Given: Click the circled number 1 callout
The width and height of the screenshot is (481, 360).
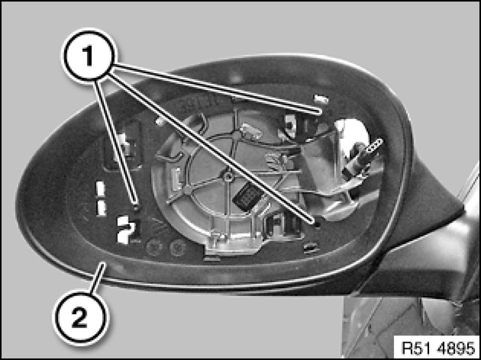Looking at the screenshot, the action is tap(89, 56).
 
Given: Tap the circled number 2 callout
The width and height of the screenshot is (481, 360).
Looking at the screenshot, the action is tap(81, 318).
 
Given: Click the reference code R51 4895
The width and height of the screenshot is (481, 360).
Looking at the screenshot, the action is tap(438, 348).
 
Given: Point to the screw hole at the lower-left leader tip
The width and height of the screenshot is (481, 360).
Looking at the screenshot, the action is tap(137, 208).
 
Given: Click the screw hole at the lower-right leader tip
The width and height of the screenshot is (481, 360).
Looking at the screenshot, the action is tap(318, 225).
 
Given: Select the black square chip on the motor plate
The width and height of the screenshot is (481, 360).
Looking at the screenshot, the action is tap(248, 197).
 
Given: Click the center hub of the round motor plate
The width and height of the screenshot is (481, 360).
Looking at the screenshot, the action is tap(227, 176).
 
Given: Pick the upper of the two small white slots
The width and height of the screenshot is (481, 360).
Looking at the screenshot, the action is tap(100, 189).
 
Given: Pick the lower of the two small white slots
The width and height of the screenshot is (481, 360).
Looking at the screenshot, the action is tap(100, 208).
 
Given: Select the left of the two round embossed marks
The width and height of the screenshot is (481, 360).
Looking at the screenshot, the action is tap(154, 247).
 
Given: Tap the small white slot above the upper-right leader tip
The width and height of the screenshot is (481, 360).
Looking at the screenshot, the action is tap(322, 99).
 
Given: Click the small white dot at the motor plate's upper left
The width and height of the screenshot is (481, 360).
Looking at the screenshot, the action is tap(159, 121).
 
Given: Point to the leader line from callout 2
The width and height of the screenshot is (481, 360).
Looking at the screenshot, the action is tap(98, 278).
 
